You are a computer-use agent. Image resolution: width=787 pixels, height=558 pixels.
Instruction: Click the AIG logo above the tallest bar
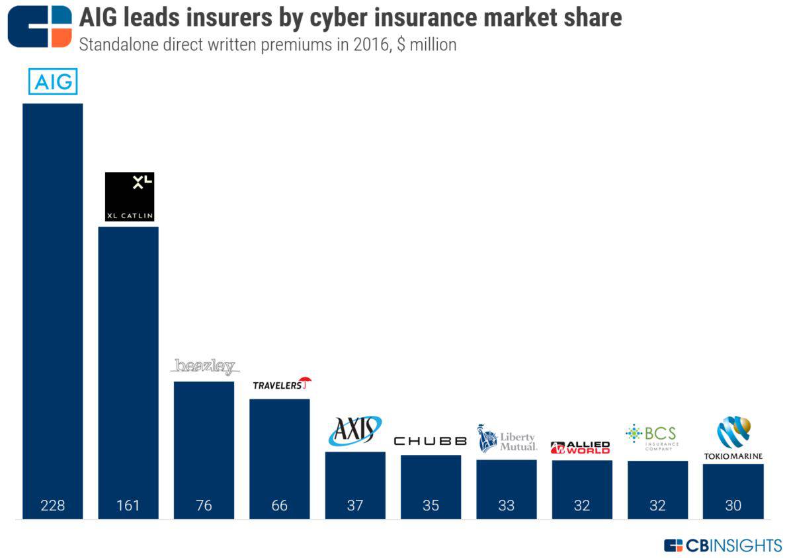(x=53, y=83)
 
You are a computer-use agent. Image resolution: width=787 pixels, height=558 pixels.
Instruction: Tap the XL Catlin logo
(x=129, y=196)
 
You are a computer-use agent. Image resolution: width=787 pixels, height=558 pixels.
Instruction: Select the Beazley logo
(x=204, y=367)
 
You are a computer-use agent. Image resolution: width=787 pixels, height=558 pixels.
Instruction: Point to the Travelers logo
(x=281, y=384)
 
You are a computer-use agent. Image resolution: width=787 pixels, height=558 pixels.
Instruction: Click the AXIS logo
(x=355, y=430)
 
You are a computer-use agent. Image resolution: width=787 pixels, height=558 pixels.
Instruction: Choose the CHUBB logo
(x=431, y=441)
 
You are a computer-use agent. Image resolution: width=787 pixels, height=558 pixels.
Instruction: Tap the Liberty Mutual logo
(x=507, y=438)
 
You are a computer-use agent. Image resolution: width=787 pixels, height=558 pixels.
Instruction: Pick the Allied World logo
(x=581, y=448)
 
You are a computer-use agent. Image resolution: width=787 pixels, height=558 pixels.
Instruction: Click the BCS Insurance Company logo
(x=652, y=436)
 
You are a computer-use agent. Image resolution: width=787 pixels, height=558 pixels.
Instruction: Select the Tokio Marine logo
(x=733, y=438)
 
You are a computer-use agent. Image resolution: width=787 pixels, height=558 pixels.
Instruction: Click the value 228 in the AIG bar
(x=53, y=506)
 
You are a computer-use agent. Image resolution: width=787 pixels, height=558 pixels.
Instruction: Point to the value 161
(x=128, y=506)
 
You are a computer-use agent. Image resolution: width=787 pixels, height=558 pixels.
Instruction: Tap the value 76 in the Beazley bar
(x=204, y=506)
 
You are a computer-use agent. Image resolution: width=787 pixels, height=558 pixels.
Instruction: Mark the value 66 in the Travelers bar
(x=279, y=506)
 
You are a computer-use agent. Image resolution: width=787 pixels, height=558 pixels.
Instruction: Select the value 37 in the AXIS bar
(x=355, y=506)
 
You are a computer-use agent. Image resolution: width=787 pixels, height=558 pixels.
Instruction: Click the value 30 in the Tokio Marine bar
(x=733, y=506)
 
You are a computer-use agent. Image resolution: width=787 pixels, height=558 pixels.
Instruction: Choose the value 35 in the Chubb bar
(x=431, y=506)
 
